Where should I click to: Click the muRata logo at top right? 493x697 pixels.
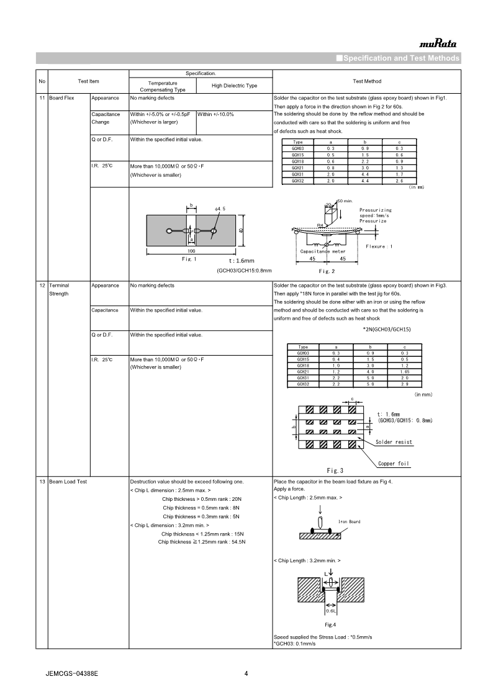438,44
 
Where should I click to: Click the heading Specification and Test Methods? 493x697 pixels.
397,58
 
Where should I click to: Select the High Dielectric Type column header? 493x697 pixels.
234,86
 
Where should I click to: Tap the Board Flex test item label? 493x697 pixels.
61,98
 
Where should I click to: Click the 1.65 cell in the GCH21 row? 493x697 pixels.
404,371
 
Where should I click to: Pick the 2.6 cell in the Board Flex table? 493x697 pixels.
399,180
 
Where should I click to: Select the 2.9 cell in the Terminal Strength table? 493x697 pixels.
404,384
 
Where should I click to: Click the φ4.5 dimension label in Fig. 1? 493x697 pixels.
220,209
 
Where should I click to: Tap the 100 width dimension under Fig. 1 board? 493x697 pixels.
191,251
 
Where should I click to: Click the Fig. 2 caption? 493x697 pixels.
327,271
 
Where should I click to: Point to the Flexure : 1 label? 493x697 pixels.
379,246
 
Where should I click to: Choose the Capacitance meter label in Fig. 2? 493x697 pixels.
323,251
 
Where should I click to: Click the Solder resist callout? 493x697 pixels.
394,442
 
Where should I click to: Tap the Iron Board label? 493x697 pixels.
349,521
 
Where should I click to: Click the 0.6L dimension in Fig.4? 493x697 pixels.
330,611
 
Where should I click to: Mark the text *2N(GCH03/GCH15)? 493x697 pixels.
387,329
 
